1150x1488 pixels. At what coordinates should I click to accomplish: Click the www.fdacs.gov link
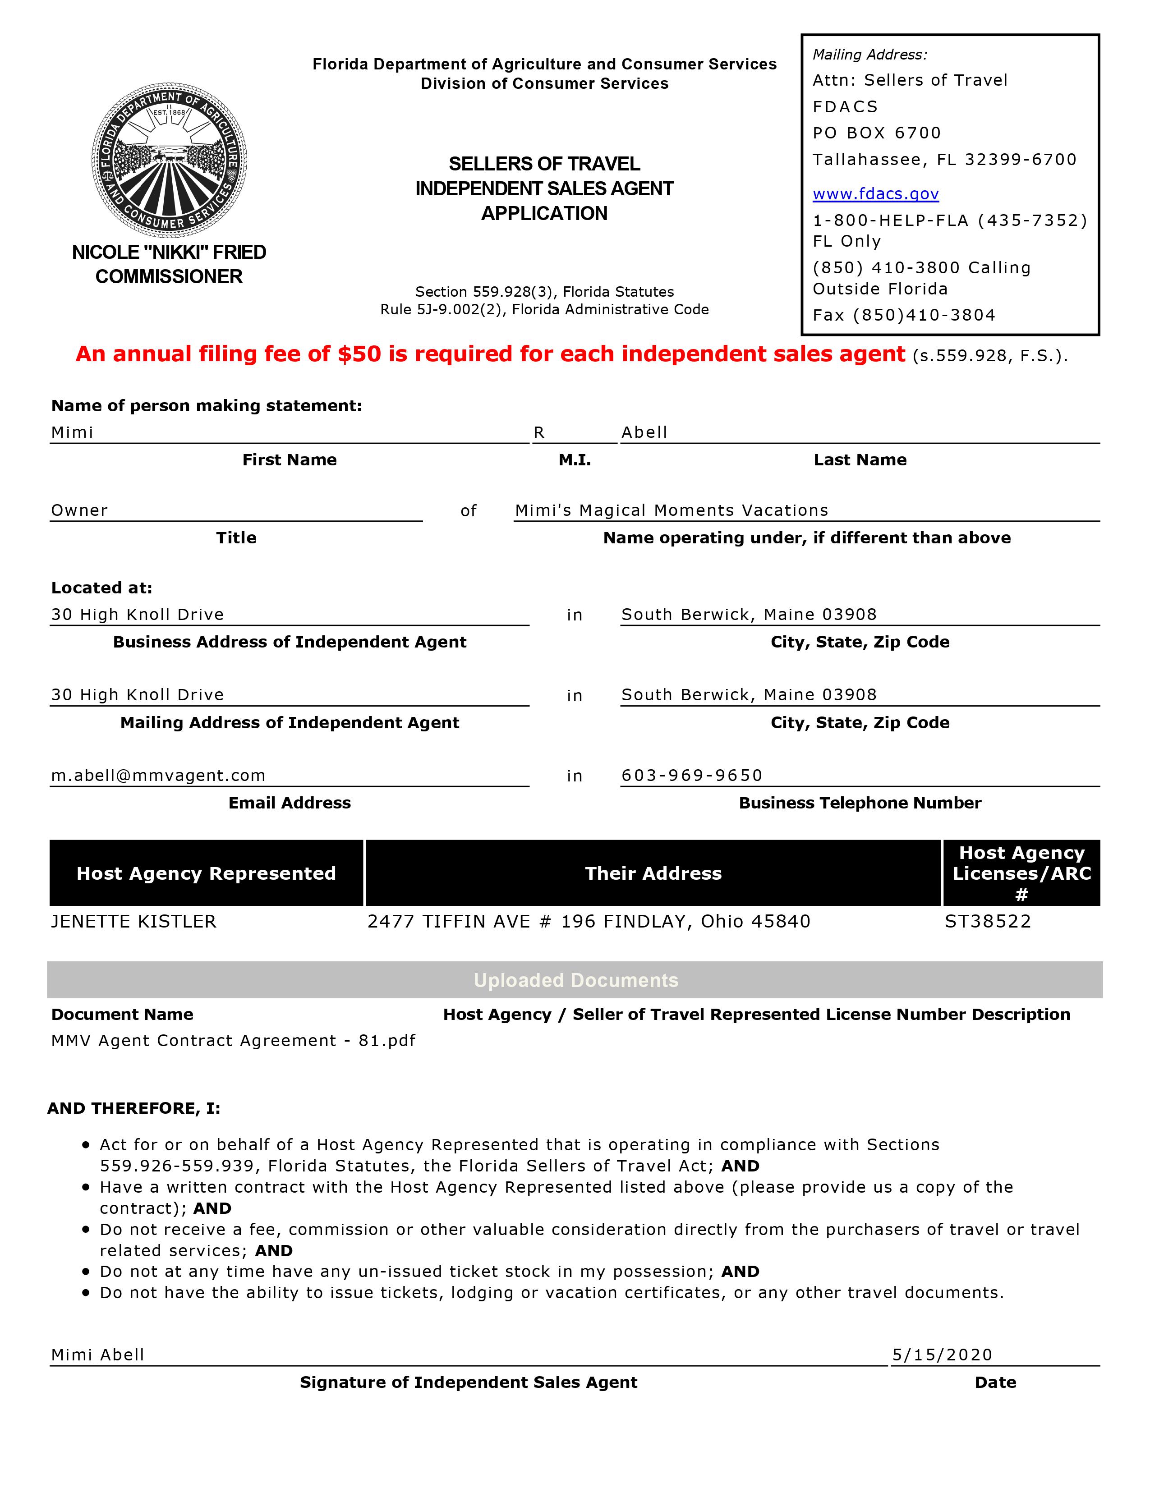pos(875,194)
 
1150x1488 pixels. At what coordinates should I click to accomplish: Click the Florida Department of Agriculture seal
pos(169,161)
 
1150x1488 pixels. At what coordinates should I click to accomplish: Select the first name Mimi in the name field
pos(72,432)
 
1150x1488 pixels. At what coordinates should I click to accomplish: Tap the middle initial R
pos(539,432)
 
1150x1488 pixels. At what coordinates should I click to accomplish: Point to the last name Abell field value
pos(644,432)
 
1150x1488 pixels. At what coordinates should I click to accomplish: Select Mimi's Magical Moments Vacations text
pos(671,510)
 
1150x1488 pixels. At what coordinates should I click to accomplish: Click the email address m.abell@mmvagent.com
pos(158,776)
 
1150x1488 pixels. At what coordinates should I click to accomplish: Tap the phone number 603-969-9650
pos(691,776)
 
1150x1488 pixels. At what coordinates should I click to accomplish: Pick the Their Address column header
pos(653,873)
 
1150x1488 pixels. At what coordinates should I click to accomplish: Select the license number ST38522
pos(988,922)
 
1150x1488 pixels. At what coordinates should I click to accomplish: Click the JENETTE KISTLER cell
pos(133,922)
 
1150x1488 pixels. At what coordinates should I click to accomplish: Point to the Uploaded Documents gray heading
pos(576,980)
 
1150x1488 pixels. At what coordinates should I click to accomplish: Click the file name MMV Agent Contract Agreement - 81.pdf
pos(233,1040)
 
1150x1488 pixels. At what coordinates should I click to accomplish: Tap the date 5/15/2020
pos(942,1355)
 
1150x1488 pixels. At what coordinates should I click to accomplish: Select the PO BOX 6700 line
pos(877,133)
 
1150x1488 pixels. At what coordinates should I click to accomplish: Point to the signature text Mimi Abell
pos(97,1355)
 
